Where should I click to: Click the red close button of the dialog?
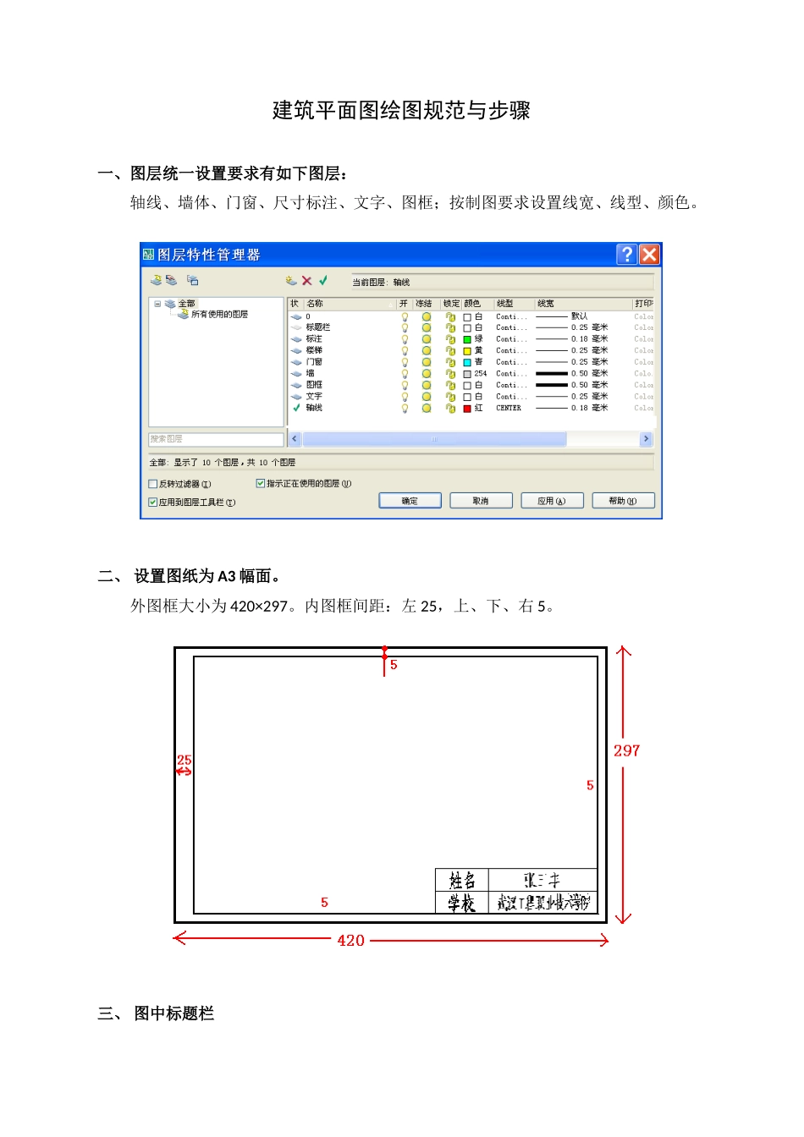pos(649,255)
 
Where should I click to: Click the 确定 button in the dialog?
pos(410,501)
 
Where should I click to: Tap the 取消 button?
pos(481,501)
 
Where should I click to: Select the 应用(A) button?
pos(552,501)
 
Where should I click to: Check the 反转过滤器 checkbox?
pos(153,484)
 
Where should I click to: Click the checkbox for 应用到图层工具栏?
pos(153,502)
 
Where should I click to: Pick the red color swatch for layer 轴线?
pos(467,409)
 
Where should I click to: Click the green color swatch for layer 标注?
pos(467,339)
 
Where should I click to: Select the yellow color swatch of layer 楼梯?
pos(467,351)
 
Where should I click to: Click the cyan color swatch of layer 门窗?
pos(467,362)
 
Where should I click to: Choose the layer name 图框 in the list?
pos(314,385)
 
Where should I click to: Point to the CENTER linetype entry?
pos(509,409)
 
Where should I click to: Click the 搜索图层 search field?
pos(216,439)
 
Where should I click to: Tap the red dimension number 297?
pos(627,751)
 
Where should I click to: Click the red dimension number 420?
pos(351,941)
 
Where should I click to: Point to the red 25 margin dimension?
pos(184,761)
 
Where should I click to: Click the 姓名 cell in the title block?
pos(462,881)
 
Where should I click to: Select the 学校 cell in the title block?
pos(462,904)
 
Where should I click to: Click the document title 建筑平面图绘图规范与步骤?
pos(401,111)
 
